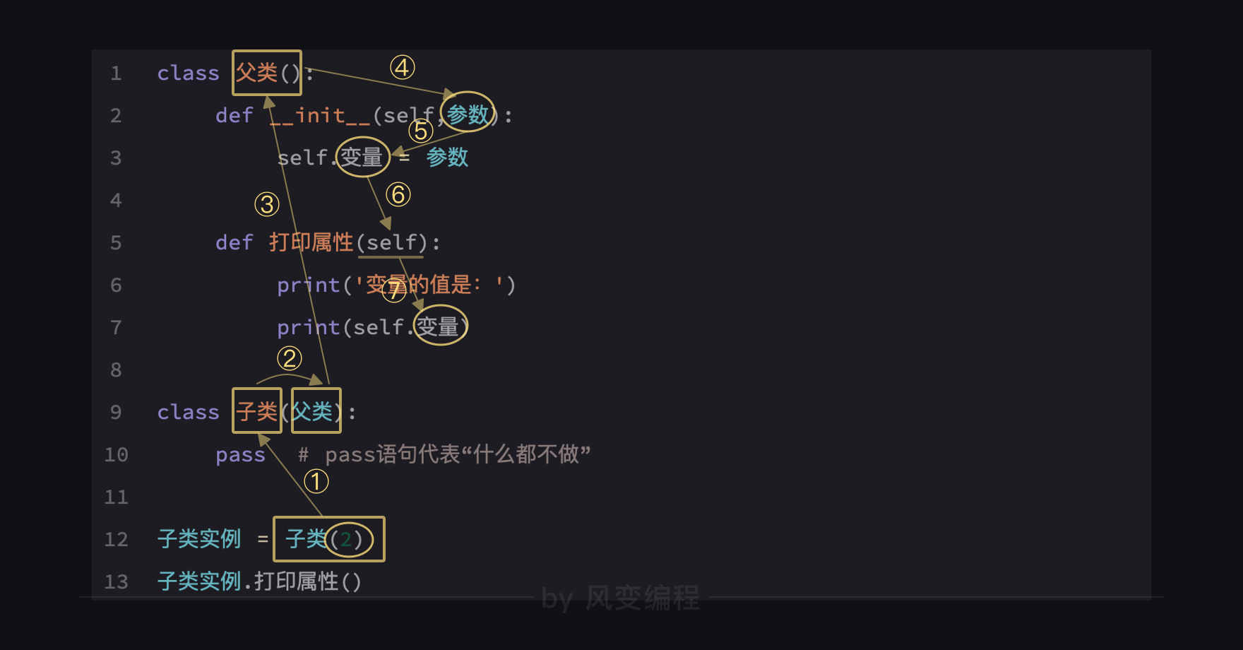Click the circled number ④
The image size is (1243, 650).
click(403, 68)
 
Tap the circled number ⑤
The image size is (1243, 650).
click(421, 131)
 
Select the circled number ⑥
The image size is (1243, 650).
click(398, 194)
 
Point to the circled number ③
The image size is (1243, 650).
click(267, 205)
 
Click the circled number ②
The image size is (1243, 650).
click(290, 358)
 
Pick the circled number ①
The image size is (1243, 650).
click(316, 482)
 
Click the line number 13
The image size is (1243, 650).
click(117, 581)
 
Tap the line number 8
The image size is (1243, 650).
click(117, 370)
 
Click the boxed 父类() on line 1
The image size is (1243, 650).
click(267, 73)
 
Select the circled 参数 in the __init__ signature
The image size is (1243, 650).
click(468, 113)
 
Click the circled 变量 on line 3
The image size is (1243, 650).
click(362, 157)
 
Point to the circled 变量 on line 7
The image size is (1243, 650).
click(440, 326)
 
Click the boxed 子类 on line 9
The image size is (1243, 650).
click(257, 410)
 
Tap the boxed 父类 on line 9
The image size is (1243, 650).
click(316, 410)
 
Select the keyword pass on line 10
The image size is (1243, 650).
click(240, 454)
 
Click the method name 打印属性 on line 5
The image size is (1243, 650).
click(311, 242)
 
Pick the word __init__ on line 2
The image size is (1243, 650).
click(320, 115)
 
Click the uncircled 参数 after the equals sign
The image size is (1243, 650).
click(447, 157)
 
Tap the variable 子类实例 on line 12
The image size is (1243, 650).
click(199, 539)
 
